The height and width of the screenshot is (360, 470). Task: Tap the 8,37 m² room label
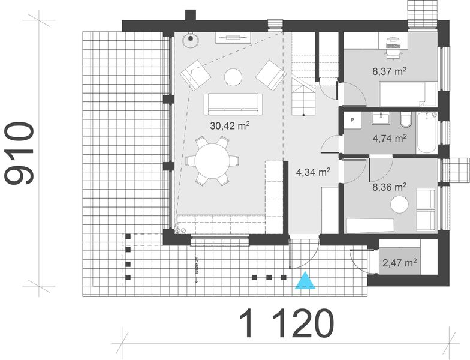coord(390,71)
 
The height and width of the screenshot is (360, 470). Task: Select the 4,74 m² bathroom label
coord(390,137)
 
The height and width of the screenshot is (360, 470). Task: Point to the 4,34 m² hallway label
coord(313,173)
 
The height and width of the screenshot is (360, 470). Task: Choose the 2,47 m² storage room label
coord(400,263)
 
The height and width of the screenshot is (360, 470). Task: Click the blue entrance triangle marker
coord(306,281)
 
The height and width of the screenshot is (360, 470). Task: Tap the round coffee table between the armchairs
coord(233,77)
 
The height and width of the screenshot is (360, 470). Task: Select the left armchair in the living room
coord(195,76)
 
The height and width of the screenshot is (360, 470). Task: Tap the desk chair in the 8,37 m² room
coord(393,52)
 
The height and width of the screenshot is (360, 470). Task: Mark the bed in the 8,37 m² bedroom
coord(408,94)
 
